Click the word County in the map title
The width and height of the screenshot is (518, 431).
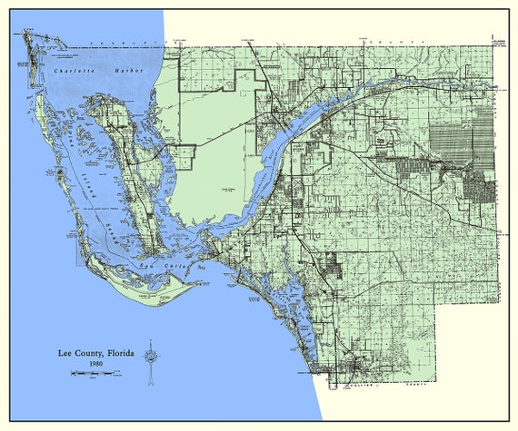(83, 351)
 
